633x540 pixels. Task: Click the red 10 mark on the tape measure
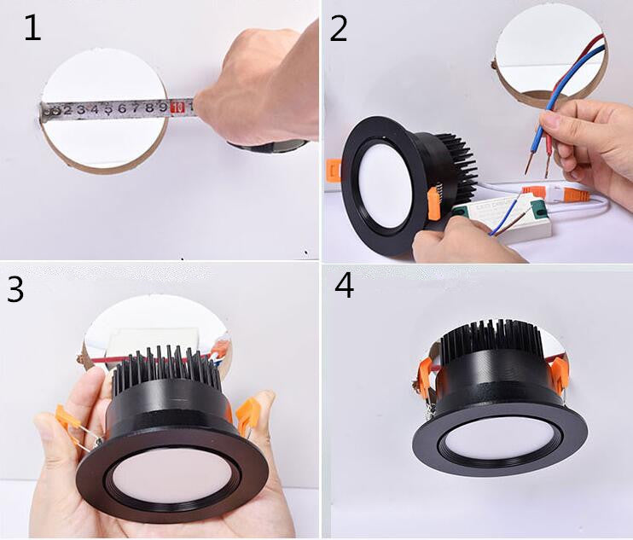coord(178,107)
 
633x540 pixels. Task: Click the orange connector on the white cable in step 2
coord(533,192)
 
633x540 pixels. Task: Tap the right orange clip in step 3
coord(248,414)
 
